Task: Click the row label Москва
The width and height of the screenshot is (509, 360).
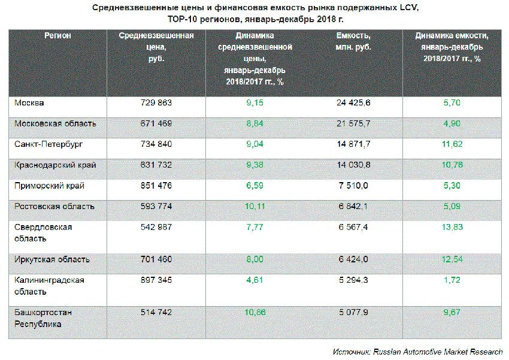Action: [29, 103]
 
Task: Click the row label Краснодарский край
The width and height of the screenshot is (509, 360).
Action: [55, 165]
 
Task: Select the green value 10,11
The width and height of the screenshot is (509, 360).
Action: [255, 207]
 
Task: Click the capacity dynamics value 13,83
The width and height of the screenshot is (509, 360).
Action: [453, 228]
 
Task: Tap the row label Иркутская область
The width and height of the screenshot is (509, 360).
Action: [52, 259]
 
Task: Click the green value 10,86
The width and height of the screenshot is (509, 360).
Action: [255, 311]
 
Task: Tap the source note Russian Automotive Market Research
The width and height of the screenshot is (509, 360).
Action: [437, 352]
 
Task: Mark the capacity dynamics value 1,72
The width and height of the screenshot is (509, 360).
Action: [453, 280]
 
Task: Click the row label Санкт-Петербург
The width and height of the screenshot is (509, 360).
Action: [49, 144]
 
